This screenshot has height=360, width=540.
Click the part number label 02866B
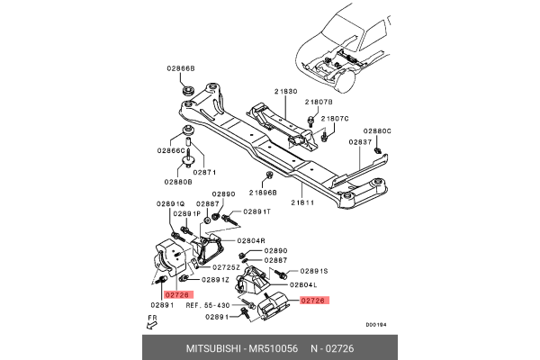(179, 67)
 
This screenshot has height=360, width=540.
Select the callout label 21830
(286, 92)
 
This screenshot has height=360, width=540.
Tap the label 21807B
(317, 103)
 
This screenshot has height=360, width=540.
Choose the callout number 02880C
(377, 130)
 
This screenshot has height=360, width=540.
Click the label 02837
(361, 141)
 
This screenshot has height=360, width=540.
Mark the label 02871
(205, 172)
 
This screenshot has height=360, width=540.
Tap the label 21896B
(263, 193)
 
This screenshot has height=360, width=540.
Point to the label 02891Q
(170, 203)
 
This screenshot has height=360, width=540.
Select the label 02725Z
(225, 267)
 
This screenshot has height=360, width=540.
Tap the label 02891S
(314, 271)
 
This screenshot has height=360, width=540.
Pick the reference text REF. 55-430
(209, 306)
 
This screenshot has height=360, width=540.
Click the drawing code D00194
(376, 326)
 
